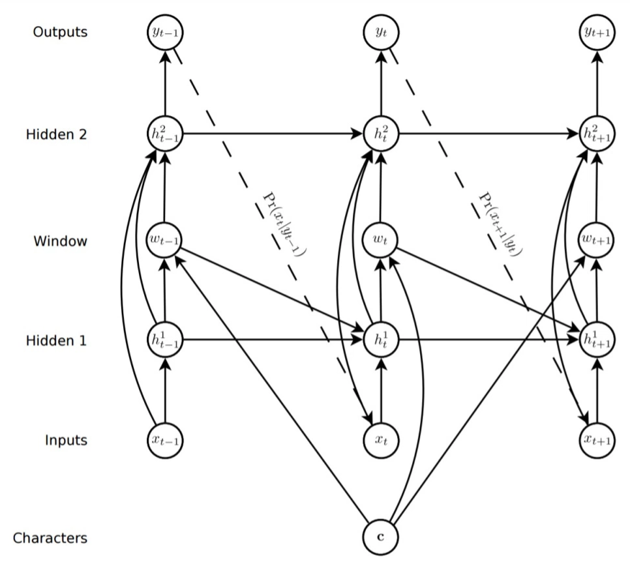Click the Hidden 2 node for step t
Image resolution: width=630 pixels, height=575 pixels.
point(380,134)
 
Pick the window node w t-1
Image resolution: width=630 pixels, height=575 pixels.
point(165,241)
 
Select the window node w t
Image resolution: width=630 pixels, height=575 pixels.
point(380,241)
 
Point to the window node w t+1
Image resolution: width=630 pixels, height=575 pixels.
point(597,241)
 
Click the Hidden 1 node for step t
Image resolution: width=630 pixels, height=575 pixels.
point(380,340)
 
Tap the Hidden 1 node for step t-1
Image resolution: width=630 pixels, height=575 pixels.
point(165,340)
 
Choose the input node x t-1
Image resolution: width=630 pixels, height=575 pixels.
point(165,439)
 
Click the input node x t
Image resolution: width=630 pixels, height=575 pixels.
point(380,439)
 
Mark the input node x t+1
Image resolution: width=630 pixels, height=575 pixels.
point(597,439)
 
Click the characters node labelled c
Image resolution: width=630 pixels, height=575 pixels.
point(380,538)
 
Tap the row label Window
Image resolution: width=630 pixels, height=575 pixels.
point(61,241)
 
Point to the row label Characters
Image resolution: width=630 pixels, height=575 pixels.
point(51,538)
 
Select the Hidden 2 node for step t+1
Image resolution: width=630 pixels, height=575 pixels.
point(597,134)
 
